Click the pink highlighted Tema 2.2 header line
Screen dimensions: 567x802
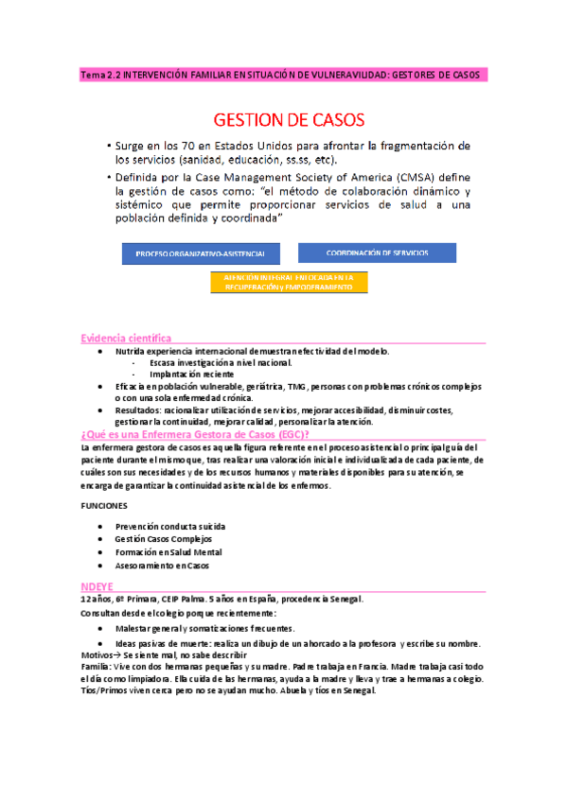click(283, 74)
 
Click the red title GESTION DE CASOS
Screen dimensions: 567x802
click(283, 121)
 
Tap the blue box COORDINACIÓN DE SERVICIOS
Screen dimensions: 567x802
click(377, 253)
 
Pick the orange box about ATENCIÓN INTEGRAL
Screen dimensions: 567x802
click(289, 282)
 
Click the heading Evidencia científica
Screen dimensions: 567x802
click(126, 338)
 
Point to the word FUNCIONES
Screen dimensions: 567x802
click(102, 506)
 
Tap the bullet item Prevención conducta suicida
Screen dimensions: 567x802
click(170, 526)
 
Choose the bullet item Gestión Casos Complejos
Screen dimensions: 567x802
click(163, 539)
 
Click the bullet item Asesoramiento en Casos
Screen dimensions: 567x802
click(162, 566)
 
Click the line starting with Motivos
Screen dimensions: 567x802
click(163, 655)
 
